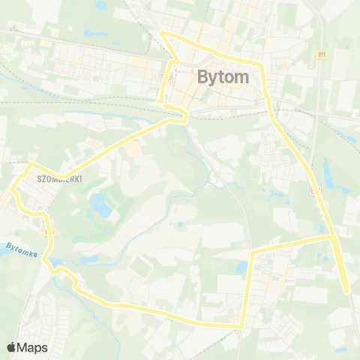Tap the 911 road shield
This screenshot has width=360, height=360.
pyautogui.click(x=322, y=55)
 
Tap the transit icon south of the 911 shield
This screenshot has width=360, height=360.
pyautogui.click(x=313, y=191)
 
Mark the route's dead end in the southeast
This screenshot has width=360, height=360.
pyautogui.click(x=346, y=291)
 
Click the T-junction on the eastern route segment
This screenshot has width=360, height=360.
pyautogui.click(x=332, y=237)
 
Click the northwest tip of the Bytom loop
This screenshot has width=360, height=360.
pyautogui.click(x=163, y=34)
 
